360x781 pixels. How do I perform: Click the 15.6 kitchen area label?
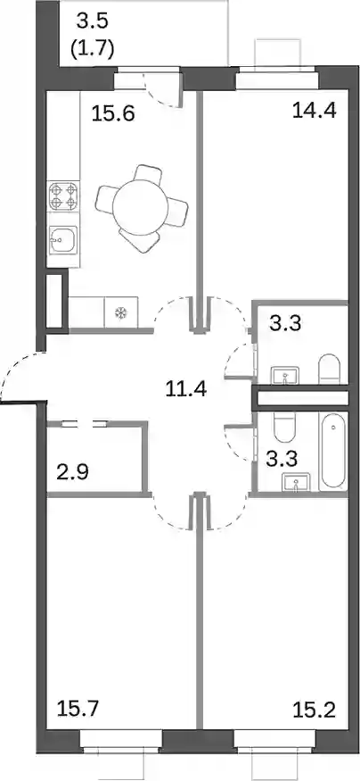click(113, 115)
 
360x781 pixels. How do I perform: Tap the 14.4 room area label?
click(315, 110)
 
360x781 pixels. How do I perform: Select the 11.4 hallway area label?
click(186, 387)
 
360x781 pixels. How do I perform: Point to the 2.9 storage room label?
click(72, 471)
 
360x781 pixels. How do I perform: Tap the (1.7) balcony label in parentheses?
click(93, 49)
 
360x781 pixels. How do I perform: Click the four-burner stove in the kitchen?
click(64, 195)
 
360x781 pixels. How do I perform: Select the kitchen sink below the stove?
click(63, 240)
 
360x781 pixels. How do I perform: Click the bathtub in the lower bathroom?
click(333, 452)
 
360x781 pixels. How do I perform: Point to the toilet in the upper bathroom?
click(329, 370)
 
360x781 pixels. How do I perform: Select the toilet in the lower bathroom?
click(285, 427)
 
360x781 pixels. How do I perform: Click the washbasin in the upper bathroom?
click(285, 375)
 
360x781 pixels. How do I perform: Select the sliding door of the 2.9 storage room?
click(85, 424)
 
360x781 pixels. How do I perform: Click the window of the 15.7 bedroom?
click(121, 736)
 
